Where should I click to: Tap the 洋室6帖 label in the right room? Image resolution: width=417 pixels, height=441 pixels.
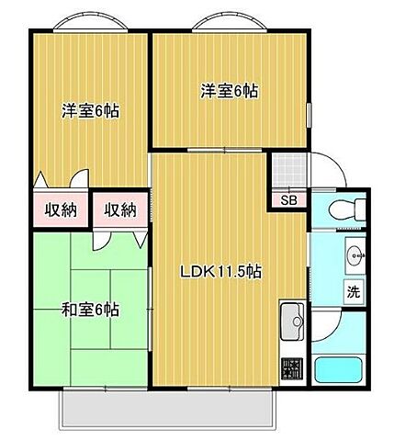pyautogui.click(x=229, y=91)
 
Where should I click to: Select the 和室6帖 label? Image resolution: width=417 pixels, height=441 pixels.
pyautogui.click(x=91, y=310)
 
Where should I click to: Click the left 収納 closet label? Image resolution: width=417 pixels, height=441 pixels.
pyautogui.click(x=62, y=210)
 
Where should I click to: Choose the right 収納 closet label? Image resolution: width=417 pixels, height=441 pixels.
pyautogui.click(x=119, y=210)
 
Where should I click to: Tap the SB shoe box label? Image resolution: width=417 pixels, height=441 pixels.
pyautogui.click(x=287, y=200)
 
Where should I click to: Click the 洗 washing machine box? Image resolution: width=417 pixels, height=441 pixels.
pyautogui.click(x=354, y=292)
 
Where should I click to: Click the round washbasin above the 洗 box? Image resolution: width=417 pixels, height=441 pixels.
pyautogui.click(x=354, y=254)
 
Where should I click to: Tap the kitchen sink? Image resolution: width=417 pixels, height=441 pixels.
pyautogui.click(x=292, y=322)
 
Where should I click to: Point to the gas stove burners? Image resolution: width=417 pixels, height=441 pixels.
pyautogui.click(x=292, y=368)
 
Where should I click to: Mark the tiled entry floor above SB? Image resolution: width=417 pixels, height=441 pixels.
pyautogui.click(x=287, y=170)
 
